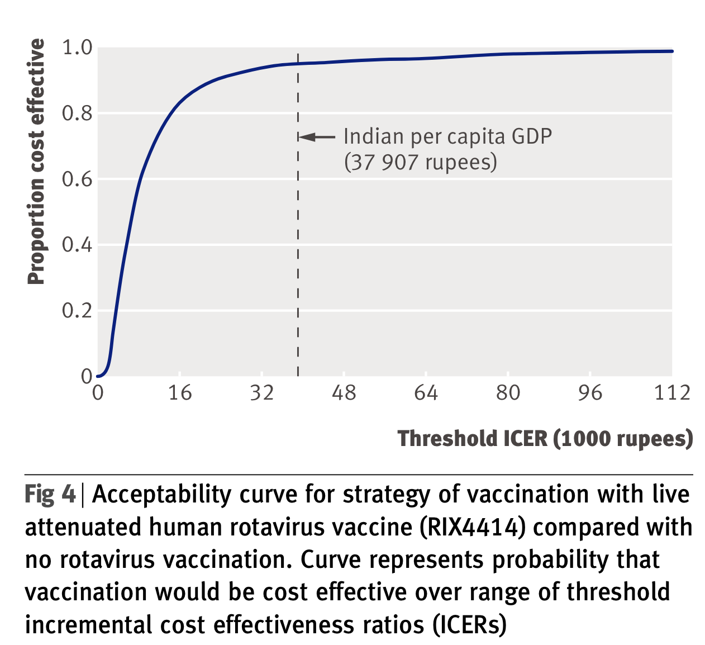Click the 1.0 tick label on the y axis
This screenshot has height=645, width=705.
tap(77, 48)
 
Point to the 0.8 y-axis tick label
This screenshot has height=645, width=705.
tap(77, 113)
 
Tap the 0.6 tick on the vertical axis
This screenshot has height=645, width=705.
tap(77, 179)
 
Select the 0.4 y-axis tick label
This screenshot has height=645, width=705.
tap(77, 245)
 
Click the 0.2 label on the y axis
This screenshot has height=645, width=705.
tap(77, 311)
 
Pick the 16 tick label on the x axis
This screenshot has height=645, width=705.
tap(180, 393)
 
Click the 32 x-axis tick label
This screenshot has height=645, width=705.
tap(262, 393)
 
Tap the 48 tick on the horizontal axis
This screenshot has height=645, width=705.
tap(344, 393)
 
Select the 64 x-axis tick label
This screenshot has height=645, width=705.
tap(426, 393)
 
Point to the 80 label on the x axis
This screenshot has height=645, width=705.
tap(508, 393)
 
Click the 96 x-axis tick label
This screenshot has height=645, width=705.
tap(590, 393)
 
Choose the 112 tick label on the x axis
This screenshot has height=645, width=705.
tap(672, 393)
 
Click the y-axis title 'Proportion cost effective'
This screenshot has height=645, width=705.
tap(36, 162)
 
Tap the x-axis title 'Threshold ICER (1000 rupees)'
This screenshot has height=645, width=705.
tap(545, 439)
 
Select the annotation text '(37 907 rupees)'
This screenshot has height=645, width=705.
tap(420, 162)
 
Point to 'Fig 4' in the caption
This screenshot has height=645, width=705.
tap(50, 495)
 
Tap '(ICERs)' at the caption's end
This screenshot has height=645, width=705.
tap(469, 624)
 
